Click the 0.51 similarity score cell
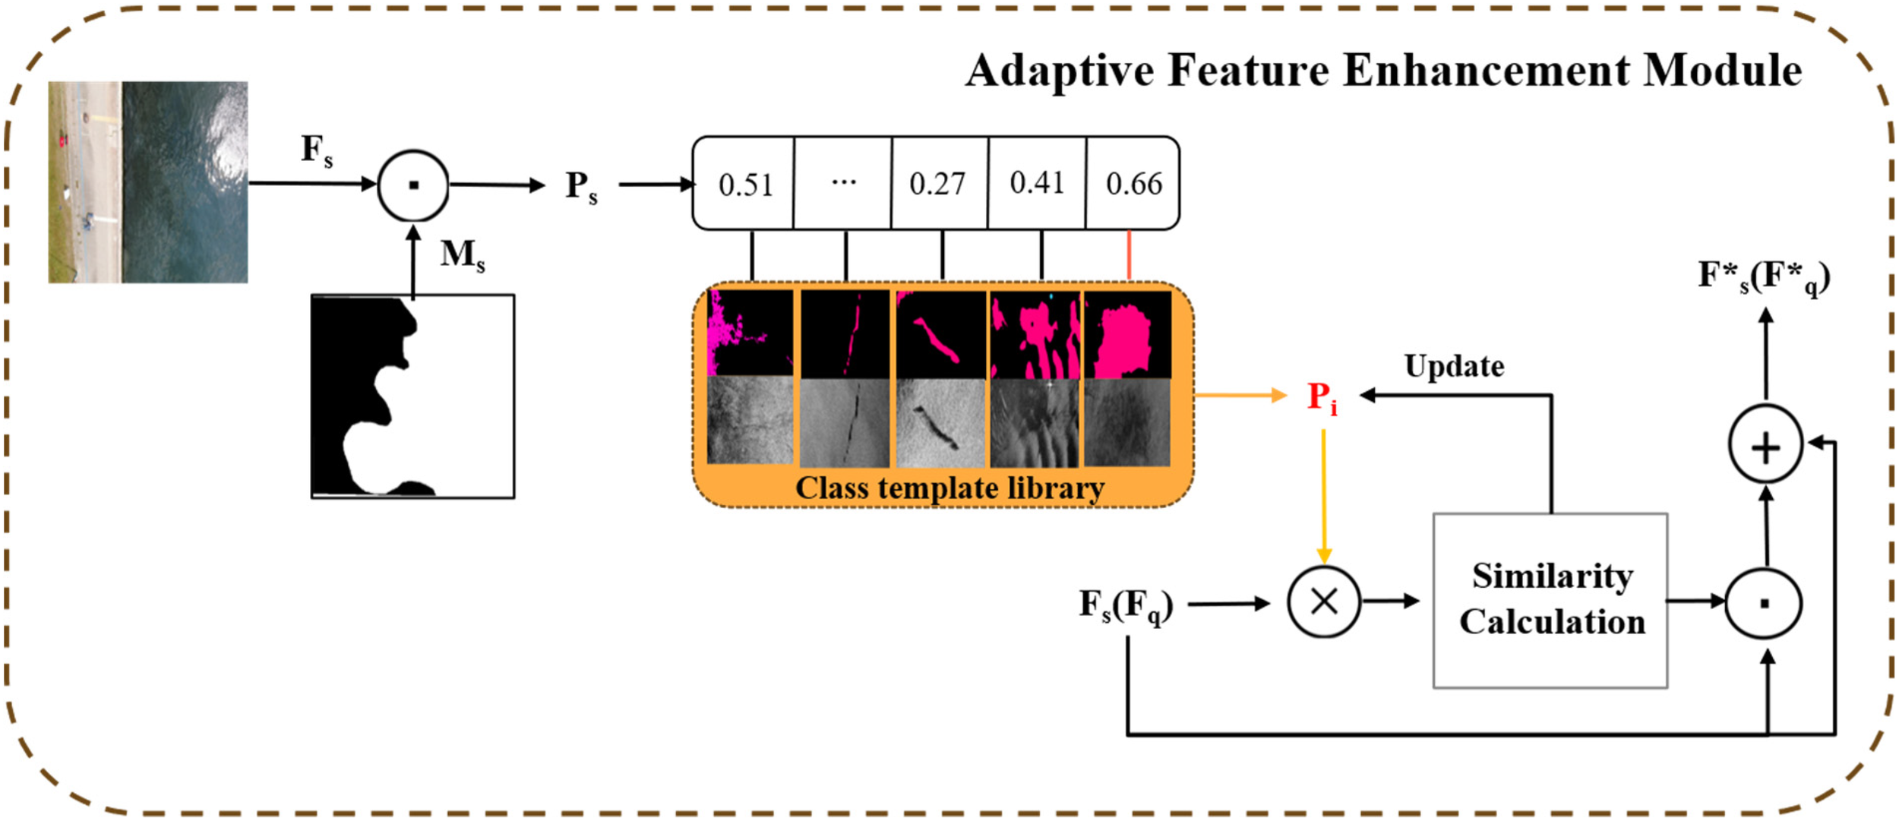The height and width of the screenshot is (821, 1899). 744,184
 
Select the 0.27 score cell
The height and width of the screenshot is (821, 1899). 938,184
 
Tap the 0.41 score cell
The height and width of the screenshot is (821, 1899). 1037,183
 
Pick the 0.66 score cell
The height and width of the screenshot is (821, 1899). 1133,184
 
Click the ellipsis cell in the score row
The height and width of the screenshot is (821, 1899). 843,183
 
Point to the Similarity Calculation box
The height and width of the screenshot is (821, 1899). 1550,600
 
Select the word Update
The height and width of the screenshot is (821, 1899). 1454,367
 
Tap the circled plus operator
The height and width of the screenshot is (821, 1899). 1765,446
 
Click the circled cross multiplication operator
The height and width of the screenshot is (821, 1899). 1323,602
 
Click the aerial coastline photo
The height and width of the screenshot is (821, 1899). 148,182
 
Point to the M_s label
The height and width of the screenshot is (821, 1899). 462,254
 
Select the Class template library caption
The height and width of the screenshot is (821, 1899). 950,488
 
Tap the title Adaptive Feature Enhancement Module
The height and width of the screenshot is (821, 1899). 1383,71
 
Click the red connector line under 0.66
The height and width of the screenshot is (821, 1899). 1130,255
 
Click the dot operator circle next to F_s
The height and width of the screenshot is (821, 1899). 413,185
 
